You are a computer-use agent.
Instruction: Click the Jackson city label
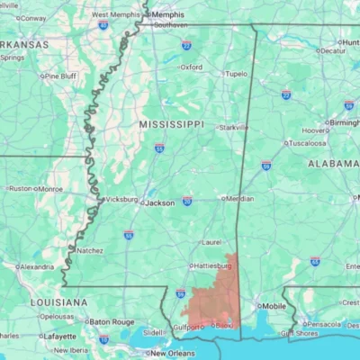[x=160, y=202]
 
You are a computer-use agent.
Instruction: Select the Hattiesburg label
[x=213, y=266]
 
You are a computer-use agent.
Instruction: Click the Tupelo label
[x=236, y=74]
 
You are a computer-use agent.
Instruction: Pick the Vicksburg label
[x=123, y=199]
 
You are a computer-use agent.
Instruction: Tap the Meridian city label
[x=238, y=198]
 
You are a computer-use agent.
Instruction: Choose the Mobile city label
[x=274, y=306]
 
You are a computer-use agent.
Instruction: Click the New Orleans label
[x=173, y=353]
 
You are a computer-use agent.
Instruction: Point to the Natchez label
[x=90, y=249]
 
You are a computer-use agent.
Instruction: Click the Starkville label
[x=233, y=128]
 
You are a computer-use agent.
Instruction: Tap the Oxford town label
[x=191, y=67]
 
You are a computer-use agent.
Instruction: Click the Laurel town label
[x=211, y=241]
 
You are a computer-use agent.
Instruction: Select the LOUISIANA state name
[x=58, y=302]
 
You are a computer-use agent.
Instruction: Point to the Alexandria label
[x=36, y=266]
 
